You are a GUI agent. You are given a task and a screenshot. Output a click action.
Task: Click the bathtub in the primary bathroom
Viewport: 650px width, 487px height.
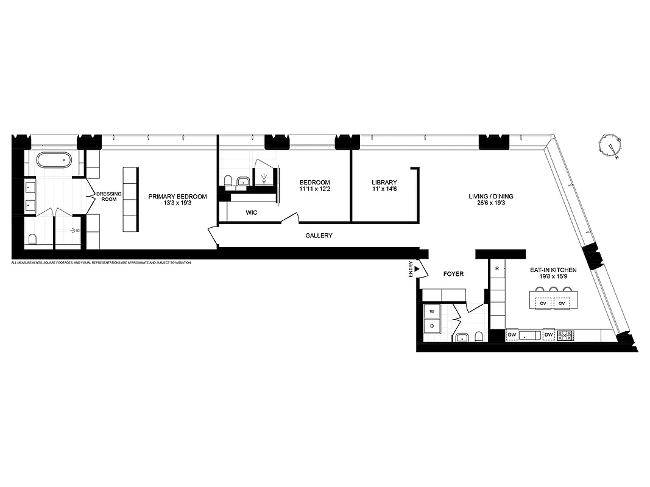click(x=54, y=160)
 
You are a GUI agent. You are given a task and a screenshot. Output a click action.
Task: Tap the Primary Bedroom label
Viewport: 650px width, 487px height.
click(x=177, y=197)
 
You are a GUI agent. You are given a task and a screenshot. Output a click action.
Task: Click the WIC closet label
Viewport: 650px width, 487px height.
click(x=252, y=213)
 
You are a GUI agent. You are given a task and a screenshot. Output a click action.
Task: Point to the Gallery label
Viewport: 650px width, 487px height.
click(x=319, y=236)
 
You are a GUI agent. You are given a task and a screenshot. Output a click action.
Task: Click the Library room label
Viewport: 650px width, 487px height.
click(x=384, y=182)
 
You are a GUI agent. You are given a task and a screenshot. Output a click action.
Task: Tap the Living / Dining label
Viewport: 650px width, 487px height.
click(x=490, y=196)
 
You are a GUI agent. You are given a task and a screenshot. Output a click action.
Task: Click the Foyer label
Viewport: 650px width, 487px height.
click(x=453, y=274)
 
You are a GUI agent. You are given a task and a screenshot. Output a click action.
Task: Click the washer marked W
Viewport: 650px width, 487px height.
click(x=432, y=311)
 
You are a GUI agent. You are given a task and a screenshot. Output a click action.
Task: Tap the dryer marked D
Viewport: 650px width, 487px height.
click(x=432, y=326)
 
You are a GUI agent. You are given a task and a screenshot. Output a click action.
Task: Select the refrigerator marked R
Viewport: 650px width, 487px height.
click(x=498, y=268)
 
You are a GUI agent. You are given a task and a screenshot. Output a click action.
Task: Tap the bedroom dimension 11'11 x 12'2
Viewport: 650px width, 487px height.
click(x=314, y=190)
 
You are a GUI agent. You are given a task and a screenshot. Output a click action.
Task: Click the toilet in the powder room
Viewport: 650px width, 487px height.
click(x=479, y=337)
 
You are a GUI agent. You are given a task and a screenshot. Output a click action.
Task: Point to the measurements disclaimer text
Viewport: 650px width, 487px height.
click(x=101, y=262)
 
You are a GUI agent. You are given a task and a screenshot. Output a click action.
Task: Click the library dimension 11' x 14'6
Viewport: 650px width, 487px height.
click(x=384, y=190)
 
